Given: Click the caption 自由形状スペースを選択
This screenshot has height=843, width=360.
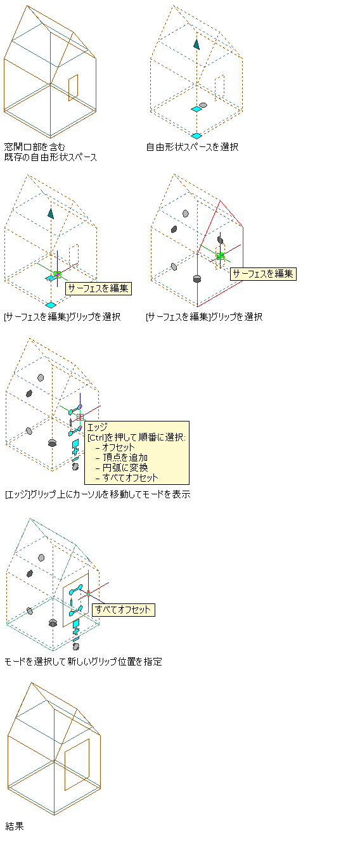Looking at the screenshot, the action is (192, 147).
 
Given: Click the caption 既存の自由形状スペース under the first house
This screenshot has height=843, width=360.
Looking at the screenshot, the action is (51, 157).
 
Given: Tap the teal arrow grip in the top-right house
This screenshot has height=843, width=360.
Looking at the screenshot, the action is (196, 44).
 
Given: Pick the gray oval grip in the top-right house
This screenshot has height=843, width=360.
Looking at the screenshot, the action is (203, 105).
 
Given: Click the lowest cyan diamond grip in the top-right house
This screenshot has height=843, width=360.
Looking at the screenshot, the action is (196, 136).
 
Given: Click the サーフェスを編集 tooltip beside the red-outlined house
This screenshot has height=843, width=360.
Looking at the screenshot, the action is (263, 274).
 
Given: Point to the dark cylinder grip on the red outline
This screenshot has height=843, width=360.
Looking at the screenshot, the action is (196, 278).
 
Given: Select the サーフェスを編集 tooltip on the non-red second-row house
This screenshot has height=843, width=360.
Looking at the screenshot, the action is (98, 288).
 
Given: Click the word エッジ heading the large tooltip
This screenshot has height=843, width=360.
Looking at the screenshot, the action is (98, 427).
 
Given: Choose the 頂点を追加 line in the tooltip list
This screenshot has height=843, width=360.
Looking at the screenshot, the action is (125, 458).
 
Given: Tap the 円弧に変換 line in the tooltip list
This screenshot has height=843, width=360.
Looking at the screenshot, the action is (125, 468).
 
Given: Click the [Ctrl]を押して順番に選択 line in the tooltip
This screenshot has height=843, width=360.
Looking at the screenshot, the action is (136, 437).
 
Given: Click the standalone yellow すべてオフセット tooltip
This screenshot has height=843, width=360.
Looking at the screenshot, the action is (124, 610).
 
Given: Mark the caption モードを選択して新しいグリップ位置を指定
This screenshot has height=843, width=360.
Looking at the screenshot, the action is (83, 661).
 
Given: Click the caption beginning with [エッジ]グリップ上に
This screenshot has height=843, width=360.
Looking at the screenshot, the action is (98, 494).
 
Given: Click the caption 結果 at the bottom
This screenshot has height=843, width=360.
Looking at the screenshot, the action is (15, 826).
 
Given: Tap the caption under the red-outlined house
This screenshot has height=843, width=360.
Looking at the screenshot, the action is (204, 317).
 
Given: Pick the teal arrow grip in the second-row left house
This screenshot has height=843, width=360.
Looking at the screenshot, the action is (51, 214).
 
